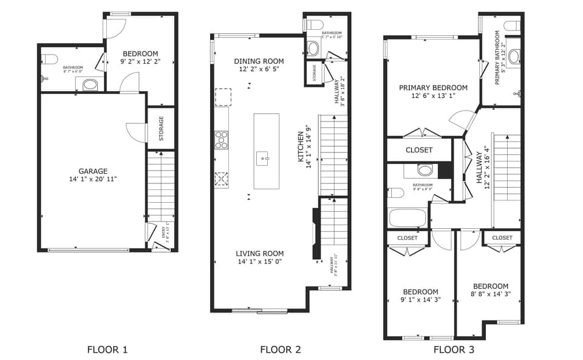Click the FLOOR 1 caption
pyautogui.click(x=107, y=349)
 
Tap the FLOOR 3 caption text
pyautogui.click(x=454, y=349)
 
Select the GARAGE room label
pyautogui.click(x=93, y=171)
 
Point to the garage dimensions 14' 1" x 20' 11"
pyautogui.click(x=93, y=179)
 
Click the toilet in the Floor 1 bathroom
pyautogui.click(x=50, y=59)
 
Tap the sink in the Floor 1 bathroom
pyautogui.click(x=89, y=84)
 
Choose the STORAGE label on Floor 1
pyautogui.click(x=162, y=129)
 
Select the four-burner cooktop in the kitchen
pyautogui.click(x=222, y=140)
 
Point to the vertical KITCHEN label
pyautogui.click(x=300, y=146)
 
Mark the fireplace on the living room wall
pyautogui.click(x=315, y=234)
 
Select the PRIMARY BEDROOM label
pyautogui.click(x=433, y=88)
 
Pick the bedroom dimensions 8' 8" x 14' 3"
pyautogui.click(x=491, y=294)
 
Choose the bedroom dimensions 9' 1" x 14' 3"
pyautogui.click(x=420, y=300)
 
